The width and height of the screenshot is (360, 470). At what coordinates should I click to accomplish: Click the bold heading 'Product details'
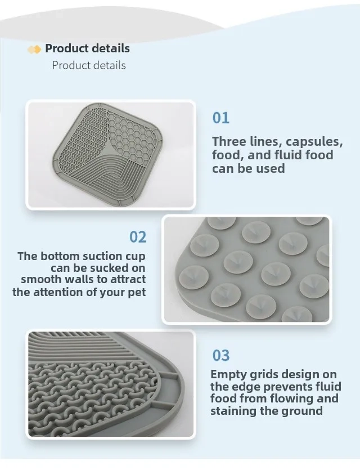click(87, 48)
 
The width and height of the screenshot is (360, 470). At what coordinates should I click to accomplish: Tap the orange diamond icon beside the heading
click(34, 49)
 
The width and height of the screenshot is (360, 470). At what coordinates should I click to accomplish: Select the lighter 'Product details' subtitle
click(89, 65)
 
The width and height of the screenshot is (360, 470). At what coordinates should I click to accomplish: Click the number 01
click(220, 118)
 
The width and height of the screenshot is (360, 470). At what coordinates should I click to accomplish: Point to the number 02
click(138, 237)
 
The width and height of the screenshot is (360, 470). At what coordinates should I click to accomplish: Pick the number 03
click(220, 355)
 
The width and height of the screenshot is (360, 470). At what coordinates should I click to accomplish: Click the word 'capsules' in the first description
click(314, 142)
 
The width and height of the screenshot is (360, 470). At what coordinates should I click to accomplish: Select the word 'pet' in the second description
click(137, 293)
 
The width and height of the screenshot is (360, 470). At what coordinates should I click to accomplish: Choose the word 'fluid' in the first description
click(290, 155)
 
